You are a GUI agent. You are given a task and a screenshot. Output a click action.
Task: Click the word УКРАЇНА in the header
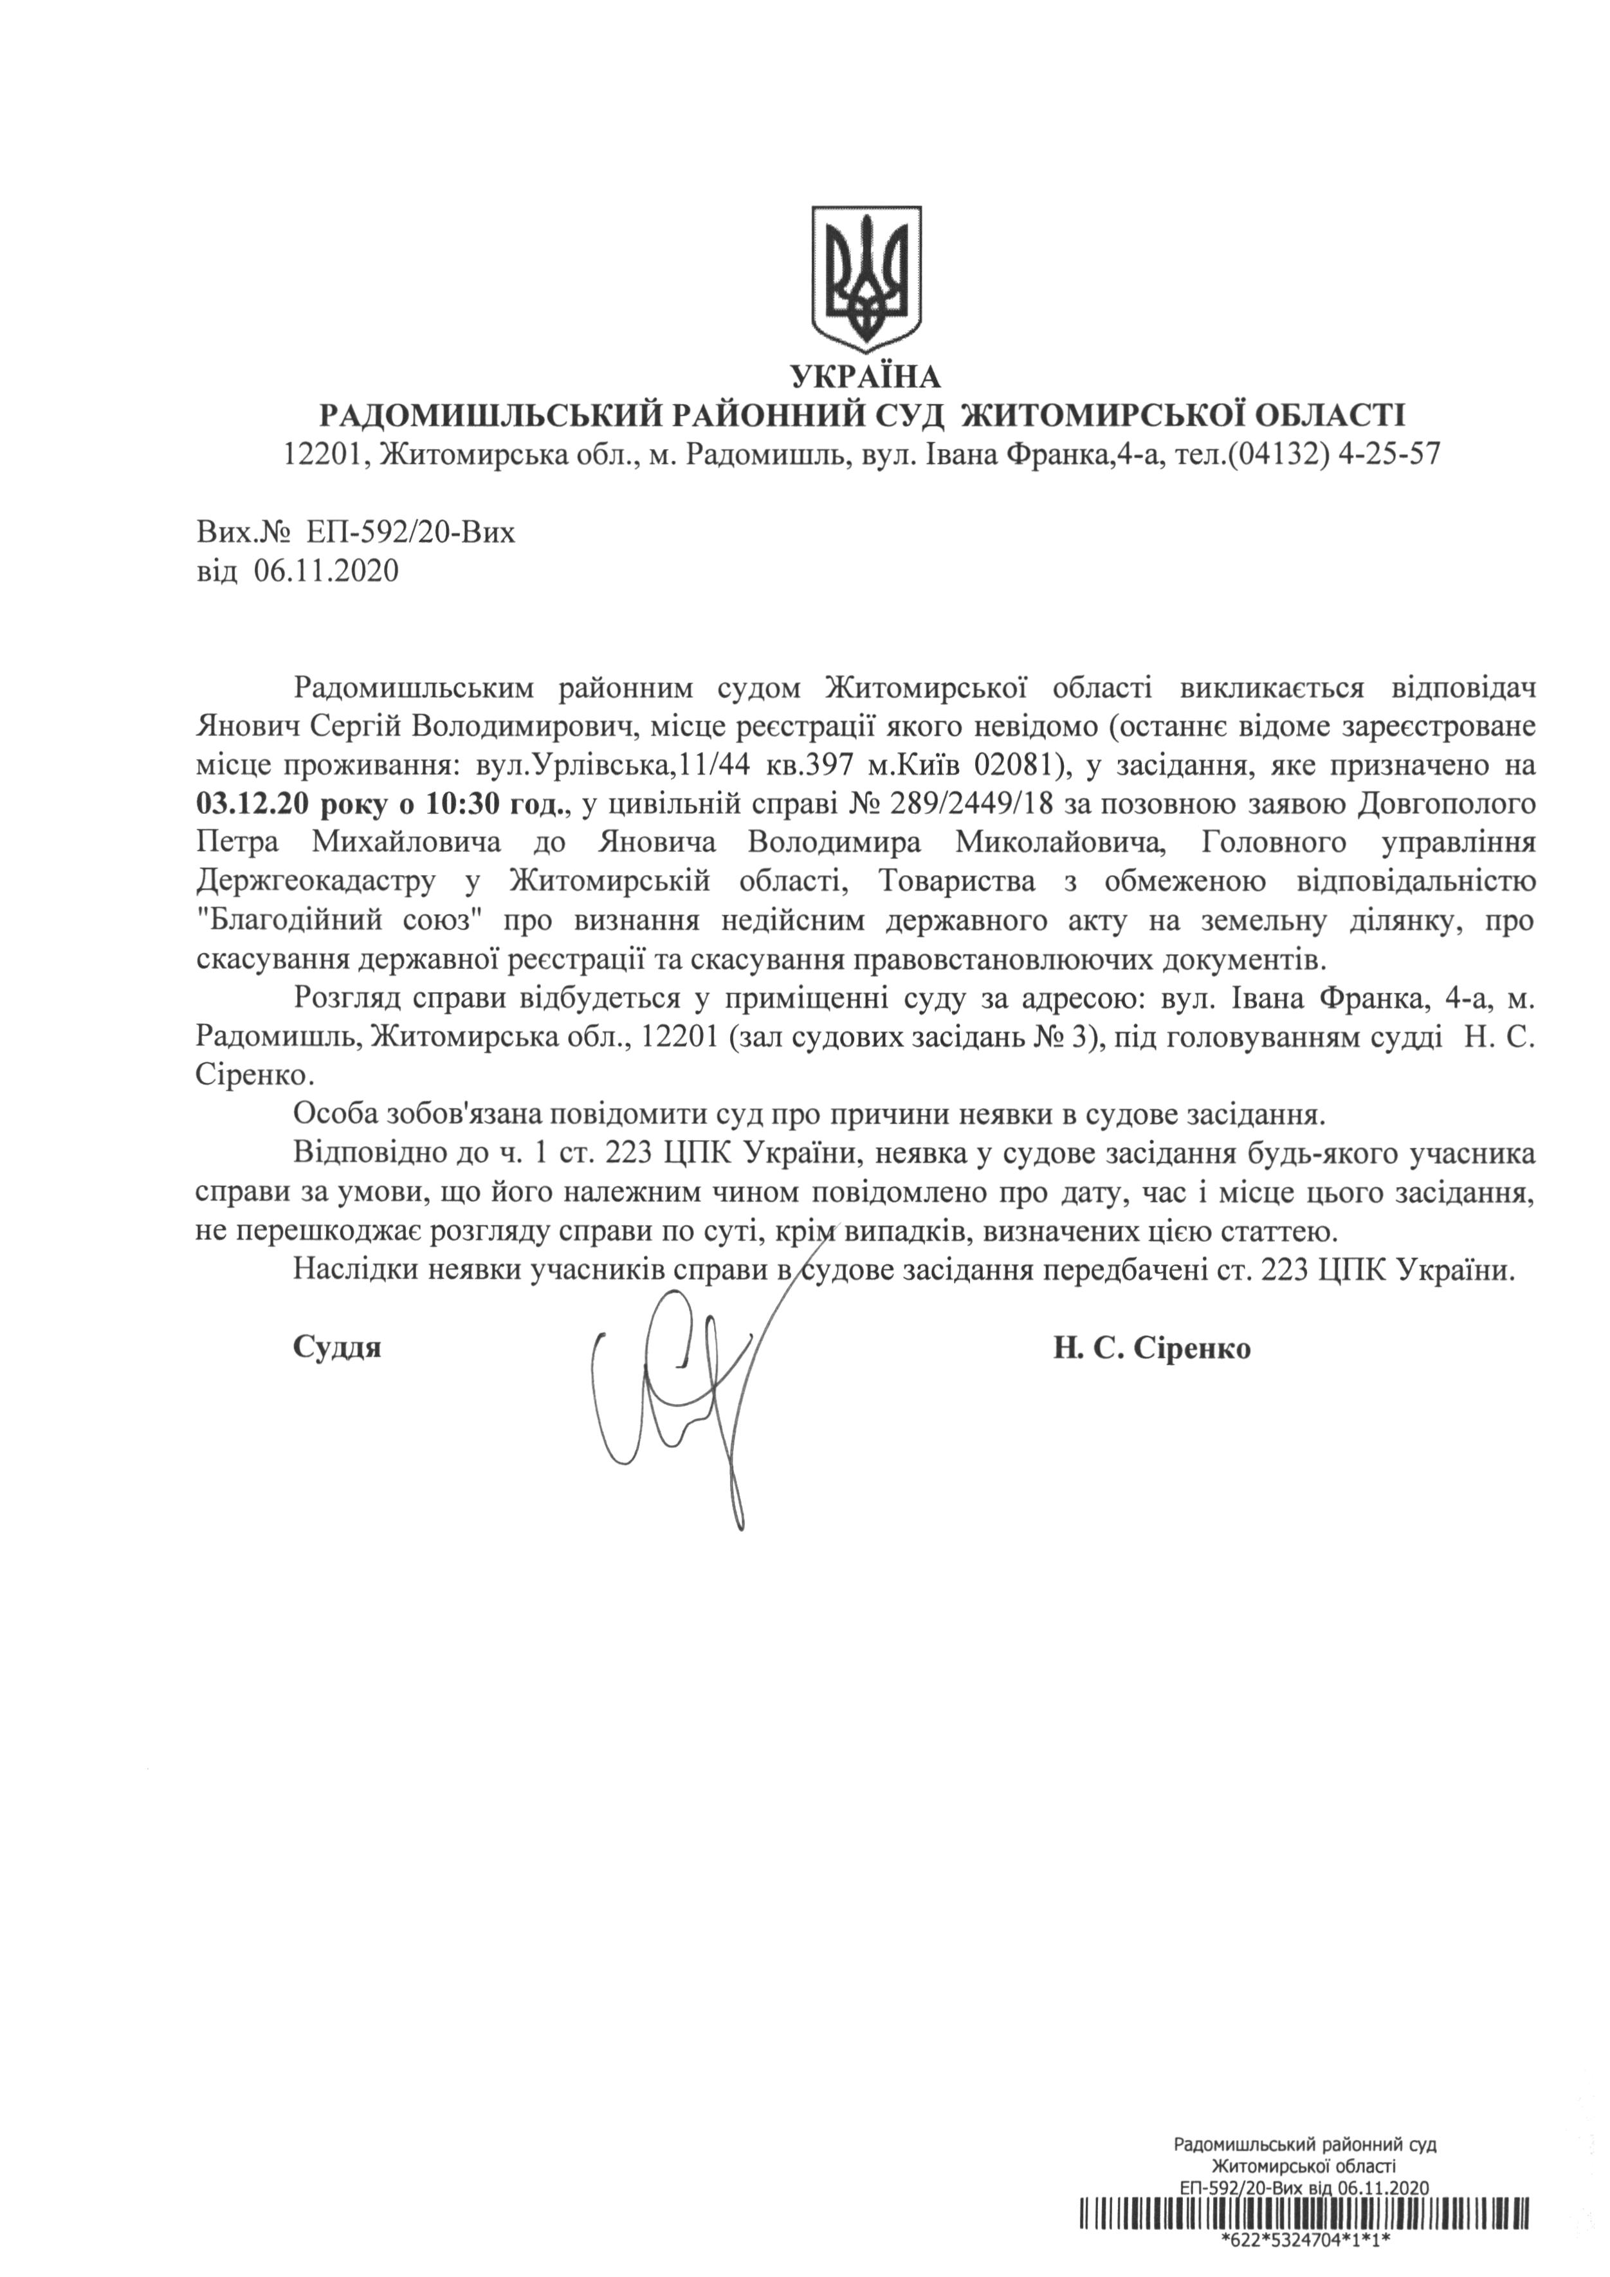tap(866, 378)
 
